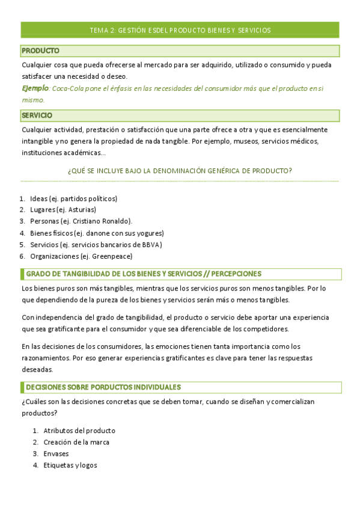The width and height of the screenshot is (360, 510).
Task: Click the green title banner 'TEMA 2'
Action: point(180,29)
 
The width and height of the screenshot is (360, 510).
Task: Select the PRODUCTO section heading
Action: point(40,51)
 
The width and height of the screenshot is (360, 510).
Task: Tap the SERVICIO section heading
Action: point(37,115)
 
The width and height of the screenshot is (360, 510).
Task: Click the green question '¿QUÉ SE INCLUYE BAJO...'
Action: point(180,171)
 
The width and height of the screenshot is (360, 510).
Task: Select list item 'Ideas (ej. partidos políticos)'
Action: point(73,198)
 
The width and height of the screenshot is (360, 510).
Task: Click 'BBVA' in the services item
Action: point(151,244)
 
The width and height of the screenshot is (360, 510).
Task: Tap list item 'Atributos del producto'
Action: point(79,431)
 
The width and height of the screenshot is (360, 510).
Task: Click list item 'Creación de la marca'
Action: point(76,442)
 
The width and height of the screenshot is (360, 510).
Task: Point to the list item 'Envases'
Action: point(56,453)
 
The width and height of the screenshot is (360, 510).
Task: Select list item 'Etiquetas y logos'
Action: point(70,465)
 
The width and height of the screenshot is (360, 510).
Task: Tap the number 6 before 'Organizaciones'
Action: point(22,256)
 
